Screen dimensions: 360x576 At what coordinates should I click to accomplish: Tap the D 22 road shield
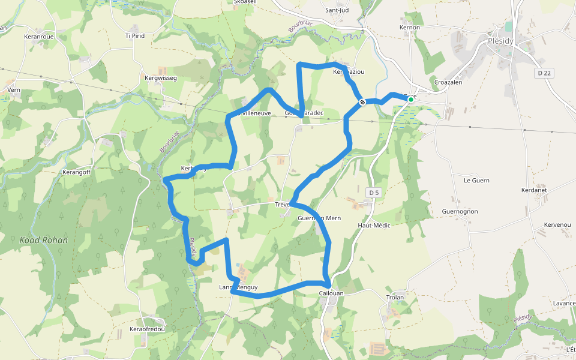pos(544,73)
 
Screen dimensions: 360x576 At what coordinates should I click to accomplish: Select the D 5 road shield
pos(374,193)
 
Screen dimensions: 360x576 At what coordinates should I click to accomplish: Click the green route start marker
pos(411,99)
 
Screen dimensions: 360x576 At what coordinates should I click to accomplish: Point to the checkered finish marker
pos(363,103)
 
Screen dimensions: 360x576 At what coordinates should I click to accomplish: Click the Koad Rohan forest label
pos(43,240)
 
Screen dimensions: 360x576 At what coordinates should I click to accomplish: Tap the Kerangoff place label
pos(76,172)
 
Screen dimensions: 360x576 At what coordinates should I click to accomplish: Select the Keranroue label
pos(39,36)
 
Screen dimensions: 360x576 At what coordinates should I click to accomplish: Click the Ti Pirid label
pos(135,36)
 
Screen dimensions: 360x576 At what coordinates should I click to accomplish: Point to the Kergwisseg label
pos(161,78)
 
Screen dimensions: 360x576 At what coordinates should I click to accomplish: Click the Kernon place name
pos(410,28)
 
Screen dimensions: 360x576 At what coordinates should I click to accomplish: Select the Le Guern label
pos(476,180)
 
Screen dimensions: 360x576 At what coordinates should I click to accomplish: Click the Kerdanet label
pos(534,190)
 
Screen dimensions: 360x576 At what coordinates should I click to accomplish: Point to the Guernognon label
pos(460,212)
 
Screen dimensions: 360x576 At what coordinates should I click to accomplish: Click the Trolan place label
pos(395,298)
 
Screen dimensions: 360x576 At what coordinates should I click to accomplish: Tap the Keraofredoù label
pos(147,329)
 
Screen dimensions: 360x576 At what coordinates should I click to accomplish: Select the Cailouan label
pos(332,293)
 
